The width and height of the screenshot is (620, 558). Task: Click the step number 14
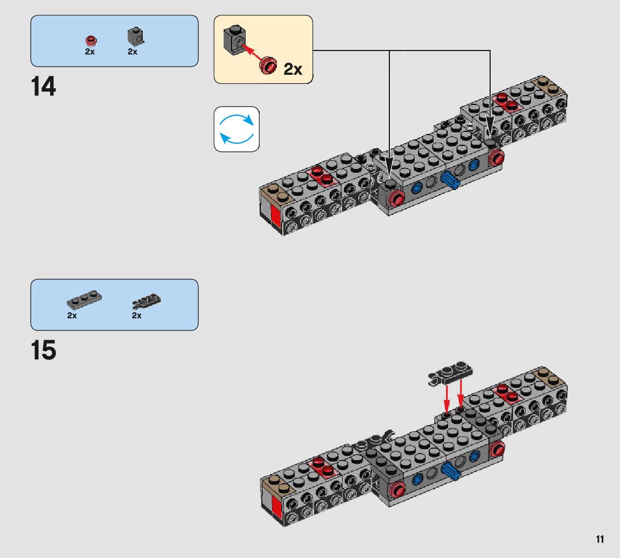(44, 87)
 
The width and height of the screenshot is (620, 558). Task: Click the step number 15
(44, 350)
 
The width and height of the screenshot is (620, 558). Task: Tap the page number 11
(600, 539)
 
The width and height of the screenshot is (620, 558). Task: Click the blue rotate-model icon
(236, 129)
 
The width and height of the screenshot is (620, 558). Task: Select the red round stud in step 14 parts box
(90, 40)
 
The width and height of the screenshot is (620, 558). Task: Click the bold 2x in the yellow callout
(292, 69)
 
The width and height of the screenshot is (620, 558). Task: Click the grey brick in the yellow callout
(233, 39)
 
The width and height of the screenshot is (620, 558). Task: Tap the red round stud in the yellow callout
(268, 65)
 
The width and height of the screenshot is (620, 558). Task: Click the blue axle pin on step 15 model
(450, 472)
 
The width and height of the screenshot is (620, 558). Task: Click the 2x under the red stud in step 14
(89, 52)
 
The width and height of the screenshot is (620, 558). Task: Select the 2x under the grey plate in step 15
(72, 316)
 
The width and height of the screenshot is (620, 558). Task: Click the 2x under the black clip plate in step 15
(137, 316)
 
